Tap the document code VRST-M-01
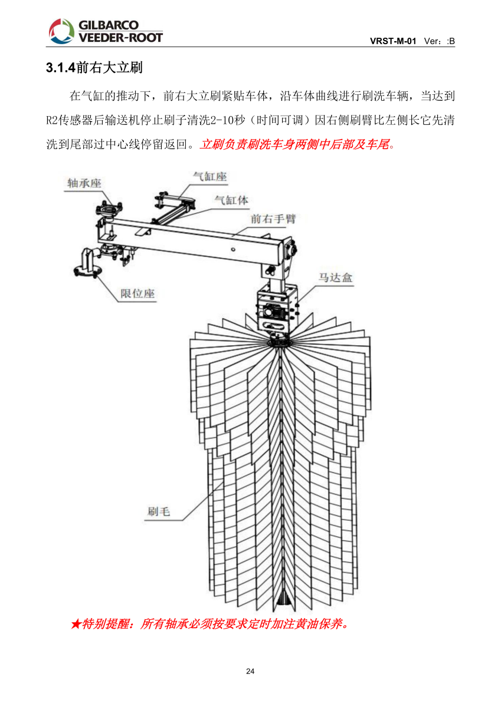click(x=393, y=41)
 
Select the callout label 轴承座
click(x=84, y=183)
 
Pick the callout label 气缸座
click(x=210, y=176)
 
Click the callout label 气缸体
click(x=231, y=200)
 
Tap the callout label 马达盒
click(x=336, y=277)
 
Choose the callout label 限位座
click(x=138, y=293)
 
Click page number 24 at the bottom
click(x=250, y=672)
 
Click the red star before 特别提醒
click(x=76, y=624)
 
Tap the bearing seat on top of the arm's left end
click(x=109, y=209)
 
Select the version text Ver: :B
click(x=439, y=41)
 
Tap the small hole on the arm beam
click(x=233, y=249)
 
